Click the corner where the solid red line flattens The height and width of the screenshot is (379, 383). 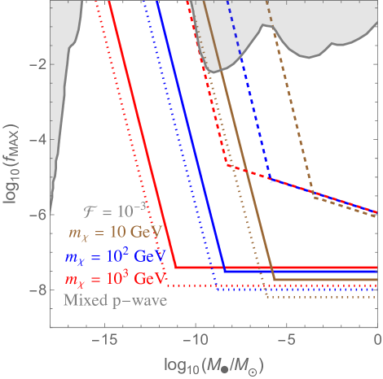(176, 267)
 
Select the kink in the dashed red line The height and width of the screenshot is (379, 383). (231, 167)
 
